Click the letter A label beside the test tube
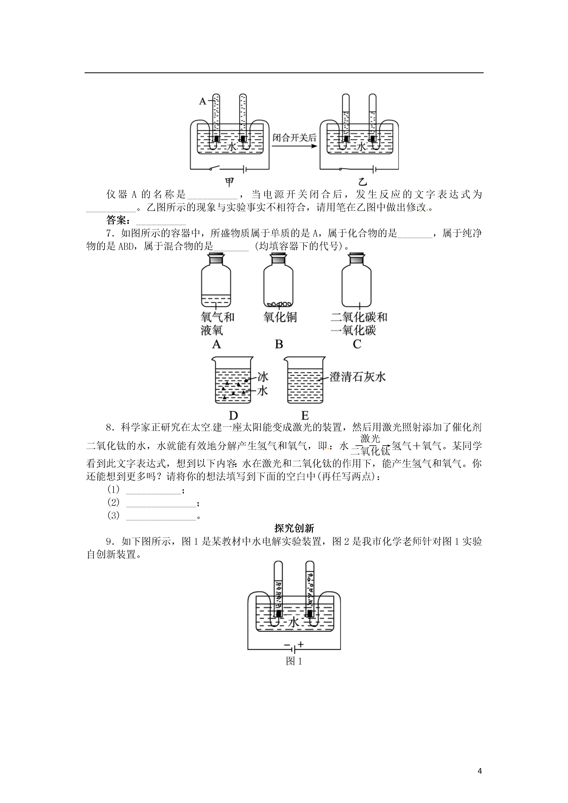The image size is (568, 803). (x=203, y=101)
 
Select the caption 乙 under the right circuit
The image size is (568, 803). (x=363, y=182)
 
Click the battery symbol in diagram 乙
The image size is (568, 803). (x=374, y=170)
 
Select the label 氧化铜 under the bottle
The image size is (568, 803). (x=280, y=317)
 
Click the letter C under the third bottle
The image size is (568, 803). (x=357, y=345)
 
